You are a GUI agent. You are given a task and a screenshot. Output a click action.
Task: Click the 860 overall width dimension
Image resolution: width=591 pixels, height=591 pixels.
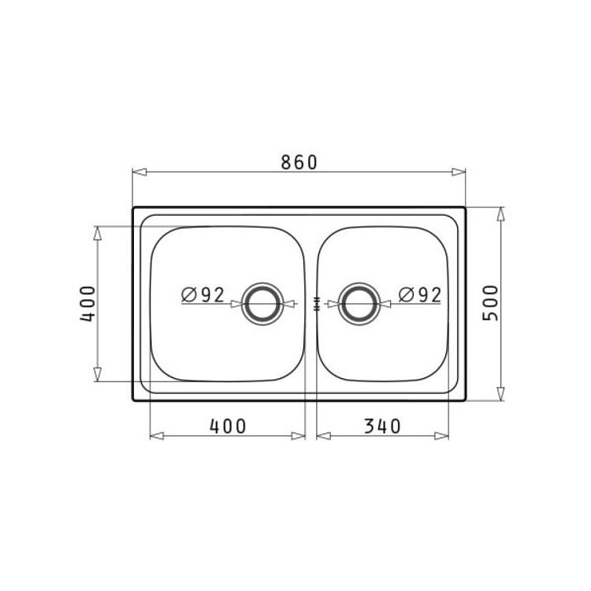pyautogui.click(x=299, y=162)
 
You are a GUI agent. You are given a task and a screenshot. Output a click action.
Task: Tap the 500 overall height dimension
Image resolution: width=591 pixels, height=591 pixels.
pyautogui.click(x=490, y=303)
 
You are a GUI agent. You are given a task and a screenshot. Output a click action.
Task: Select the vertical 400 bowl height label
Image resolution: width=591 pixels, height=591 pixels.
pyautogui.click(x=87, y=304)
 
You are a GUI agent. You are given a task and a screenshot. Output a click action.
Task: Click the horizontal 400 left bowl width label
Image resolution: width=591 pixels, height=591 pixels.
pyautogui.click(x=228, y=426)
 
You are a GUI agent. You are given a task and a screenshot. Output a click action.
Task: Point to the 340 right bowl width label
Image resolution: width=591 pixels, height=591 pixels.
pyautogui.click(x=382, y=426)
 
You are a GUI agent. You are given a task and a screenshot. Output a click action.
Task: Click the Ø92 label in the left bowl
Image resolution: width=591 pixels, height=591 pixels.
pyautogui.click(x=203, y=295)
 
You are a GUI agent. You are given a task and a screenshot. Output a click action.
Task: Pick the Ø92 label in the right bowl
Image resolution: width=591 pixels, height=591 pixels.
pyautogui.click(x=419, y=295)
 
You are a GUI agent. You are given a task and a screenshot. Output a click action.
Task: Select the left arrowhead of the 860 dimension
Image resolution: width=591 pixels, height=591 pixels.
pyautogui.click(x=139, y=173)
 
